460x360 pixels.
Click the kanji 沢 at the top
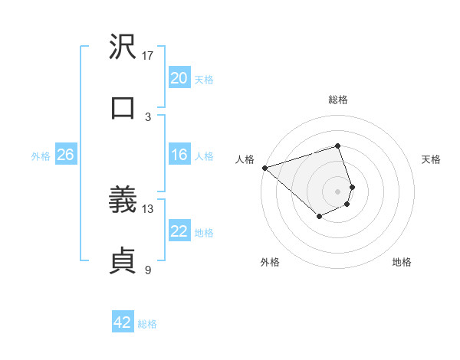pyautogui.click(x=123, y=47)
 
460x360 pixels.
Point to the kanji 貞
pyautogui.click(x=123, y=261)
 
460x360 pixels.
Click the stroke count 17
pyautogui.click(x=148, y=56)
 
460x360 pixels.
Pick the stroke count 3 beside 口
pyautogui.click(x=148, y=116)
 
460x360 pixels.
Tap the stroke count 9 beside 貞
pyautogui.click(x=148, y=270)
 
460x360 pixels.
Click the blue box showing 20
pyautogui.click(x=179, y=78)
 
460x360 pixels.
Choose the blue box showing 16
pyautogui.click(x=179, y=155)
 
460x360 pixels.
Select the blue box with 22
pyautogui.click(x=179, y=231)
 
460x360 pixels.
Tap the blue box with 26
pyautogui.click(x=65, y=155)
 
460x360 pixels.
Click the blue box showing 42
pyautogui.click(x=123, y=322)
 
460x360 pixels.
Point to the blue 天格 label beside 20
pyautogui.click(x=204, y=79)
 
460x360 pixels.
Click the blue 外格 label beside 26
pyautogui.click(x=41, y=155)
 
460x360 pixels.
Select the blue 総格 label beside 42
pyautogui.click(x=147, y=323)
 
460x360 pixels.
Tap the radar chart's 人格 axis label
pyautogui.click(x=245, y=159)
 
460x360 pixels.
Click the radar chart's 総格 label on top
pyautogui.click(x=337, y=100)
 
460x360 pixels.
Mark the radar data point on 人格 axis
pyautogui.click(x=264, y=168)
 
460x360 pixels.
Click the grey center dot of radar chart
pyautogui.click(x=337, y=191)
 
